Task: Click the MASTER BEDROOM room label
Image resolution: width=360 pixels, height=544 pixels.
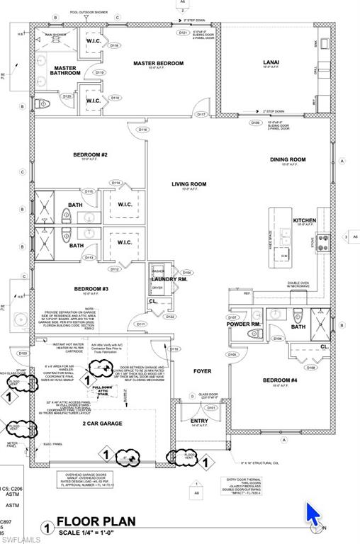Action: tap(158, 63)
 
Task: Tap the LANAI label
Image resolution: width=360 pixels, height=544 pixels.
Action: tap(271, 62)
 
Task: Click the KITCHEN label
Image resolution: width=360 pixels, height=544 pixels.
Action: tap(305, 220)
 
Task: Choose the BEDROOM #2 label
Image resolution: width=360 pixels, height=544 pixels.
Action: tap(90, 154)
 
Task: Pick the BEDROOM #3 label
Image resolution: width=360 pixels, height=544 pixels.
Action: tap(91, 289)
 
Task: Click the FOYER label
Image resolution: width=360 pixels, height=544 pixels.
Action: tap(203, 370)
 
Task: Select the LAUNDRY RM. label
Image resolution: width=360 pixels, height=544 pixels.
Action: tap(169, 279)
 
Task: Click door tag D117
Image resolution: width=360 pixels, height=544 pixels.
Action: tap(201, 114)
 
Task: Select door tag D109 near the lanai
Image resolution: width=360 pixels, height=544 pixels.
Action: tap(255, 123)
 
